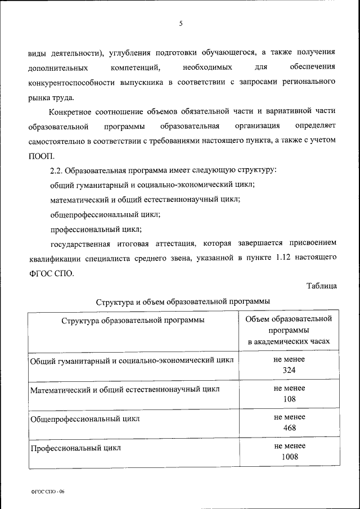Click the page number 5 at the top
tap(181, 23)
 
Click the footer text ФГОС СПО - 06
tap(48, 491)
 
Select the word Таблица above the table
tap(322, 286)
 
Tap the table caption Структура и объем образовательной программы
tap(183, 301)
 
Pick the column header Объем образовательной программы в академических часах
tap(290, 330)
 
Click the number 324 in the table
tap(290, 370)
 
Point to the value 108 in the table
tap(290, 399)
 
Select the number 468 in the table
tap(290, 427)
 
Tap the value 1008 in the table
tap(290, 456)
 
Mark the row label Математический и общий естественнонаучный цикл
tap(124, 389)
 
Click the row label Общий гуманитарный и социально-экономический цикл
tap(132, 360)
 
